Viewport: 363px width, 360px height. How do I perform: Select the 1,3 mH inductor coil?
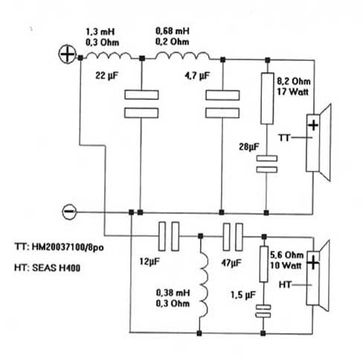[109, 56]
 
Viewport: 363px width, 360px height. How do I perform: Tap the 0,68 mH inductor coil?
[182, 56]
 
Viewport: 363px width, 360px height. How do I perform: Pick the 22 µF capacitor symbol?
[141, 104]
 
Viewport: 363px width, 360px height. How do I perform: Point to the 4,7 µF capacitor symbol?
[222, 104]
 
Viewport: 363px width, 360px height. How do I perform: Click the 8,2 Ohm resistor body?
[267, 98]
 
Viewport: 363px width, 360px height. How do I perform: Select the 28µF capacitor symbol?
[267, 164]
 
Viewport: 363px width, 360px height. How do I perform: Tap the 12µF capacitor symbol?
[169, 237]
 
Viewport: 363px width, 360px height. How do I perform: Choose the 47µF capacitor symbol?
[233, 237]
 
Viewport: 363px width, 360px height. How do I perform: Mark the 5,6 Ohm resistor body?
[264, 264]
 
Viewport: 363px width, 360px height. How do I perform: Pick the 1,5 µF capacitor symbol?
[263, 312]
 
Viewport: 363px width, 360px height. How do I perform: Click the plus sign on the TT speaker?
[313, 125]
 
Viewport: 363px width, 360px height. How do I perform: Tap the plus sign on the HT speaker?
[313, 263]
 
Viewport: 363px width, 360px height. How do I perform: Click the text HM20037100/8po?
[68, 248]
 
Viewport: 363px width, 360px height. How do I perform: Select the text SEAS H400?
[57, 268]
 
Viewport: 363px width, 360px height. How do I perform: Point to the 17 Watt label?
[292, 91]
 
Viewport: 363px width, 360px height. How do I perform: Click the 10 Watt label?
[286, 266]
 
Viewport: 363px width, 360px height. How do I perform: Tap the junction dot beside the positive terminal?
[80, 58]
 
